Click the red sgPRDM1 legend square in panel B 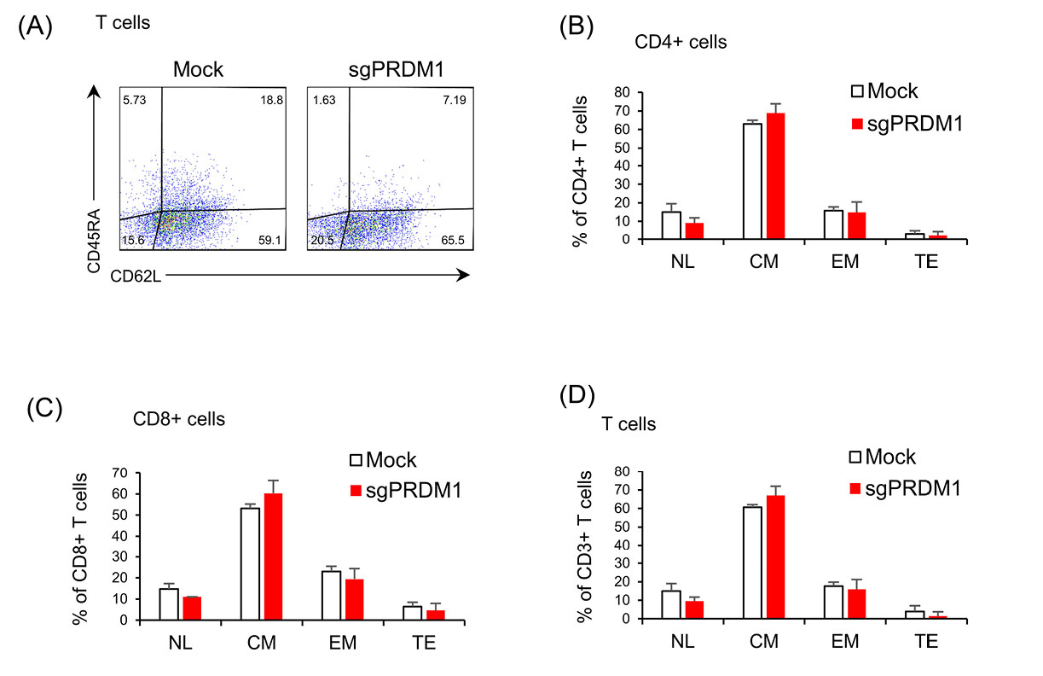pyautogui.click(x=859, y=124)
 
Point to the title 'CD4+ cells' pyautogui.click(x=681, y=42)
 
